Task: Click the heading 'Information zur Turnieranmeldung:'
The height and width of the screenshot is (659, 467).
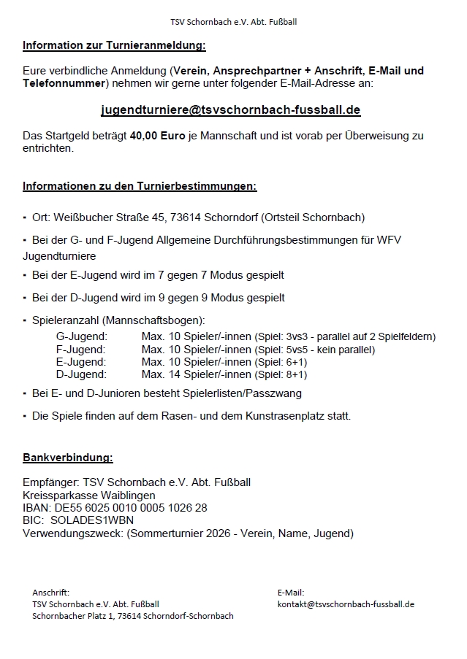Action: pos(114,45)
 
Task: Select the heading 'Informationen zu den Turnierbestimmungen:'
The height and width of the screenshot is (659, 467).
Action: pos(140,186)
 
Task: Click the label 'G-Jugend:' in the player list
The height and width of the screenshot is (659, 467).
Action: pos(81,336)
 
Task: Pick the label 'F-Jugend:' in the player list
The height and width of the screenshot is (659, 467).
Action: pos(80,350)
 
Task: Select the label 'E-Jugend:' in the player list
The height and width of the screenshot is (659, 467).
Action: pos(80,362)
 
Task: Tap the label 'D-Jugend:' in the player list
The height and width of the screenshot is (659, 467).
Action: pos(81,374)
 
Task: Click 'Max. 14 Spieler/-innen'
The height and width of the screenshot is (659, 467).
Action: pos(196,374)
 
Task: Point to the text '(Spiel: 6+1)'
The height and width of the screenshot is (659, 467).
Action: pos(281,362)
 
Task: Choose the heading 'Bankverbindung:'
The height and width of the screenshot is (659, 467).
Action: pos(68,458)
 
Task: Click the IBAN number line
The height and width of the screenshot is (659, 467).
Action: pos(115,507)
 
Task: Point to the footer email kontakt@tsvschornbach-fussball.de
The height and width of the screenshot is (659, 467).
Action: pos(346,604)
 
